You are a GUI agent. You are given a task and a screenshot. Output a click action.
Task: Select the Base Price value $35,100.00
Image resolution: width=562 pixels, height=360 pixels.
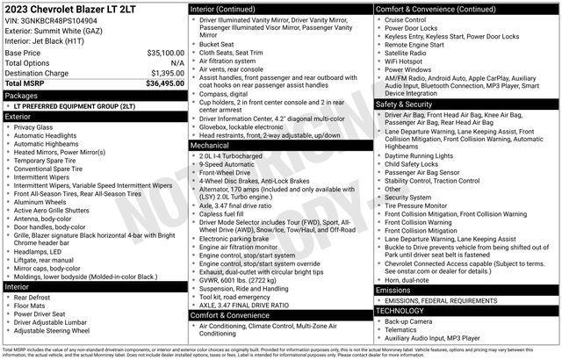coord(165,53)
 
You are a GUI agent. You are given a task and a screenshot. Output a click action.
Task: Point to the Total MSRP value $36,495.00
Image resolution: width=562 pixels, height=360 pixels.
coord(164,83)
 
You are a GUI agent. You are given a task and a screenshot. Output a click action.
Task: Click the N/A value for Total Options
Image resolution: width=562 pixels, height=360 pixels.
coord(177,63)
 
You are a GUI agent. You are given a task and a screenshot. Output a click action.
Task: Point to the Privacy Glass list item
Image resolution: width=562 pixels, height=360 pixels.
coord(33,127)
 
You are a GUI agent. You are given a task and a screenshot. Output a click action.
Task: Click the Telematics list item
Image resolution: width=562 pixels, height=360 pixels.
coord(402,329)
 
